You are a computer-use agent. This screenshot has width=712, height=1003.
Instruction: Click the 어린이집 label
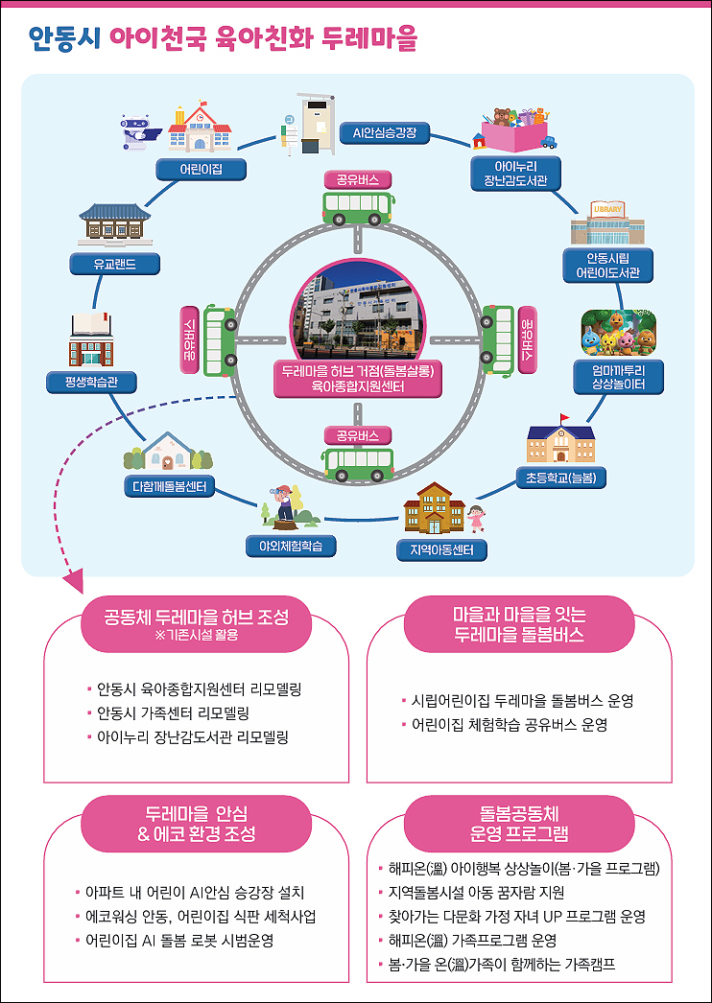pyautogui.click(x=202, y=170)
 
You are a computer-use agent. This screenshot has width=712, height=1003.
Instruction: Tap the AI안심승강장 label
pyautogui.click(x=385, y=133)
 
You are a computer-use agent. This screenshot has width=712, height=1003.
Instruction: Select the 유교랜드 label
pyautogui.click(x=114, y=263)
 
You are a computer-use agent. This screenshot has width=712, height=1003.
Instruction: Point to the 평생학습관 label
pyautogui.click(x=92, y=383)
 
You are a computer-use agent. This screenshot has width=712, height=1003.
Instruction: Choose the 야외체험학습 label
pyautogui.click(x=291, y=546)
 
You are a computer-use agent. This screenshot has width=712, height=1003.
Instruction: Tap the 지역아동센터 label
pyautogui.click(x=441, y=550)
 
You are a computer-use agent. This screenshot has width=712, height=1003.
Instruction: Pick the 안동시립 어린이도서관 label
pyautogui.click(x=606, y=266)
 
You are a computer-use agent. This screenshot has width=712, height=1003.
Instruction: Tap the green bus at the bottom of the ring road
pyautogui.click(x=358, y=464)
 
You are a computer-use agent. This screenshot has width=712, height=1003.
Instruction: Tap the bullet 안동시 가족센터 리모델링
pyautogui.click(x=172, y=712)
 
